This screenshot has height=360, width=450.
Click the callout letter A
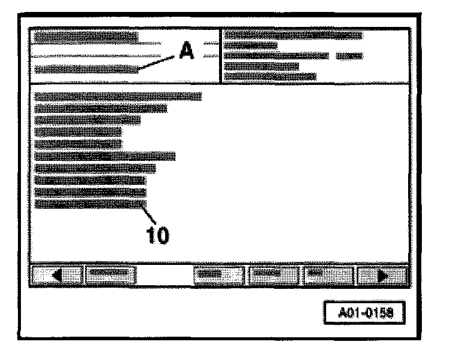[187, 53]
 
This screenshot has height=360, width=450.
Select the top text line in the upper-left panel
[86, 37]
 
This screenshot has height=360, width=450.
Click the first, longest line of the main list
[118, 96]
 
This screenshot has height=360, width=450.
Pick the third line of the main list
[87, 120]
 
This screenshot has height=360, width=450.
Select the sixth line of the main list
[105, 157]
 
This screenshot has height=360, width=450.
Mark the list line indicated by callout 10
[90, 205]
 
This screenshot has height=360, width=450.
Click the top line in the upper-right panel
[293, 36]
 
